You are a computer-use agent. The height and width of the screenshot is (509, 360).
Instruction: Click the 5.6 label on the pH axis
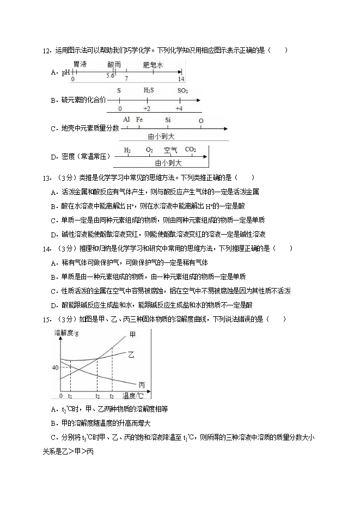[111, 76]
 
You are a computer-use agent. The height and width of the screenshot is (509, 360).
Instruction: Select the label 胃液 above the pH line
[80, 64]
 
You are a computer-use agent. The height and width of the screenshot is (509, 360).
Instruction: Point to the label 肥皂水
[153, 64]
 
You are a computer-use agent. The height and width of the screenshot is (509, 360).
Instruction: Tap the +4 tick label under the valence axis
[182, 108]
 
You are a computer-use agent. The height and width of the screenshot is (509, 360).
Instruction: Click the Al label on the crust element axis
[126, 120]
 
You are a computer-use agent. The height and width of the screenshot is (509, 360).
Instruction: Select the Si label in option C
[168, 120]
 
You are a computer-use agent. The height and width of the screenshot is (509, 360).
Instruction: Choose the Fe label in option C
[140, 120]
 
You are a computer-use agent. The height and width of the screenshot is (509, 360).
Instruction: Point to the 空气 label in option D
[170, 149]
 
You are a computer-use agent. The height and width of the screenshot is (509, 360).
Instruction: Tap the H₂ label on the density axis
[127, 149]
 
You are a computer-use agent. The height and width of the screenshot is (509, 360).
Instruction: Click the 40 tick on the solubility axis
[55, 367]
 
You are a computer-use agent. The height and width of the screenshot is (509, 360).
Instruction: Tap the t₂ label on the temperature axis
[97, 396]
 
